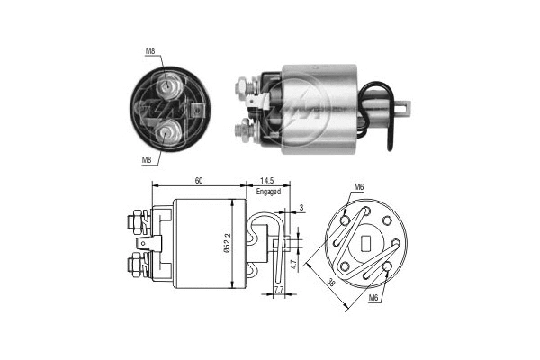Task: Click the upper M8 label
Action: point(149,52)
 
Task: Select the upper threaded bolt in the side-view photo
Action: point(243,89)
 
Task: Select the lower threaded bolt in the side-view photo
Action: point(243,131)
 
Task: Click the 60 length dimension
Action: point(198,181)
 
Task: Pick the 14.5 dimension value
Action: point(267,181)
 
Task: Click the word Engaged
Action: point(267,192)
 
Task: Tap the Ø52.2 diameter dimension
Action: point(242,245)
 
